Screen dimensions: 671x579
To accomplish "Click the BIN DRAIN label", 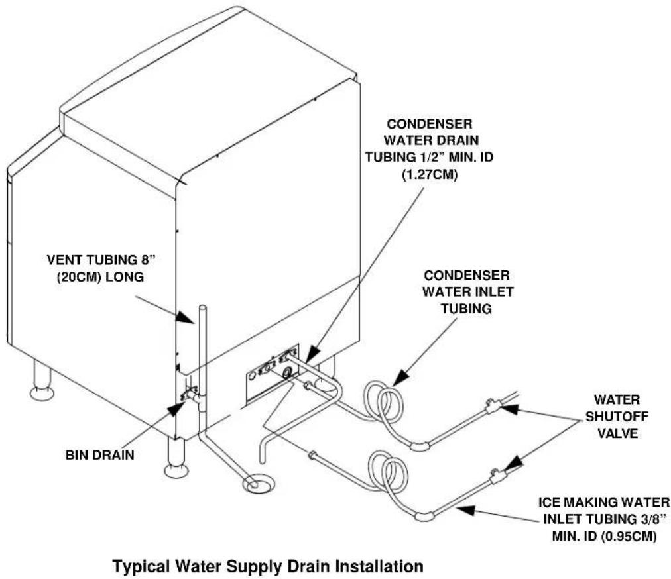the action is click(99, 455).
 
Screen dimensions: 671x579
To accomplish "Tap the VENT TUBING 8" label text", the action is click(105, 260).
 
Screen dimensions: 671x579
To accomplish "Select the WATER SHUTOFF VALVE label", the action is click(617, 417).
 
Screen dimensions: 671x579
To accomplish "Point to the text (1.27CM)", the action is click(429, 174).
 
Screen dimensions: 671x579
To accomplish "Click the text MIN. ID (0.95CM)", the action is click(604, 535).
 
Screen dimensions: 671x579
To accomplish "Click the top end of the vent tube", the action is click(203, 307).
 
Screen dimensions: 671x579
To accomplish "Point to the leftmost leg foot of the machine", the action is click(42, 393).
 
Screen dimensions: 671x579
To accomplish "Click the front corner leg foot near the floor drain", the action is click(176, 470).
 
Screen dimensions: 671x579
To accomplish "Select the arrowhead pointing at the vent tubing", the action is click(186, 317).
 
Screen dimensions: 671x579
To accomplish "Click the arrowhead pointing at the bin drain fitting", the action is click(176, 409).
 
